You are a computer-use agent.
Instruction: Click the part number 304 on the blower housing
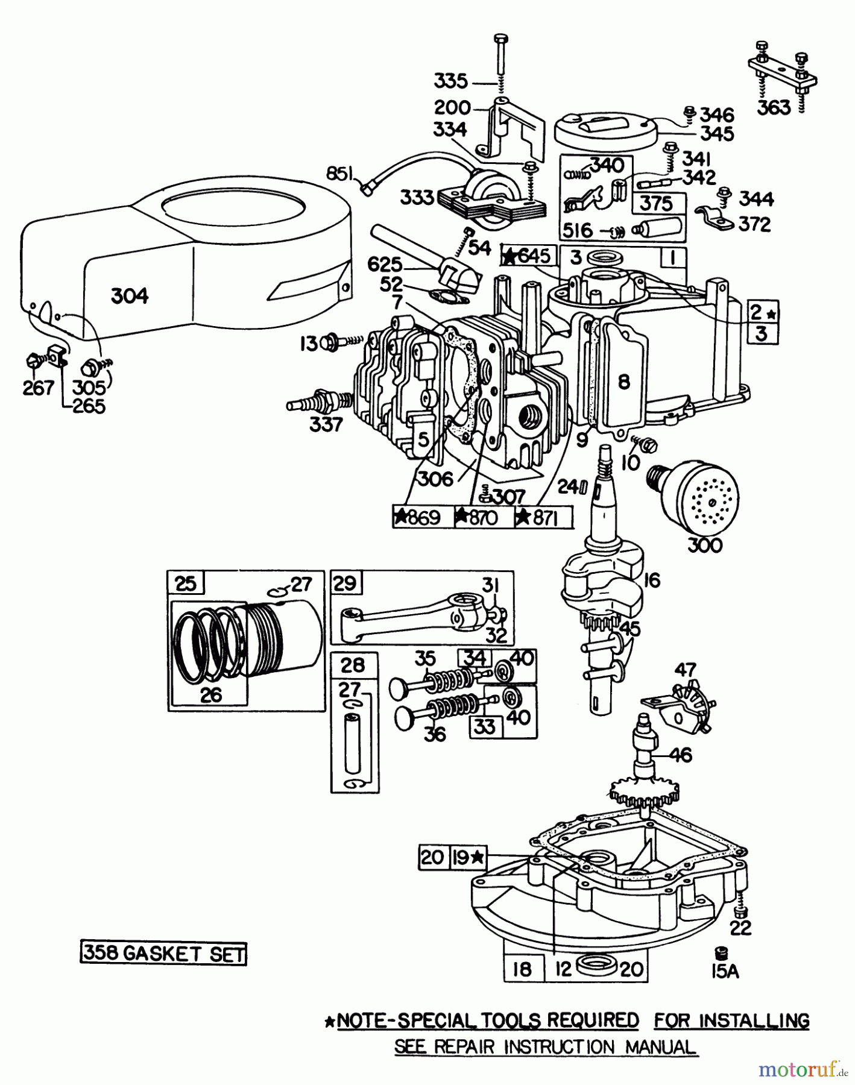[130, 296]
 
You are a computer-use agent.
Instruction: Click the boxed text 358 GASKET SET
[163, 954]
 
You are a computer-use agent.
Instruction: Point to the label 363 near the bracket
[774, 107]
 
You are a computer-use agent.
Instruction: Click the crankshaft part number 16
[652, 580]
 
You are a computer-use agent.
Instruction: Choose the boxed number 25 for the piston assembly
[185, 583]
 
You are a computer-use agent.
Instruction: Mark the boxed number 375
[656, 203]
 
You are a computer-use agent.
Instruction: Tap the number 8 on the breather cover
[624, 381]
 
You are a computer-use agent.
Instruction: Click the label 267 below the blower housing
[39, 388]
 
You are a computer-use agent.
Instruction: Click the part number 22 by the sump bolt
[740, 928]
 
